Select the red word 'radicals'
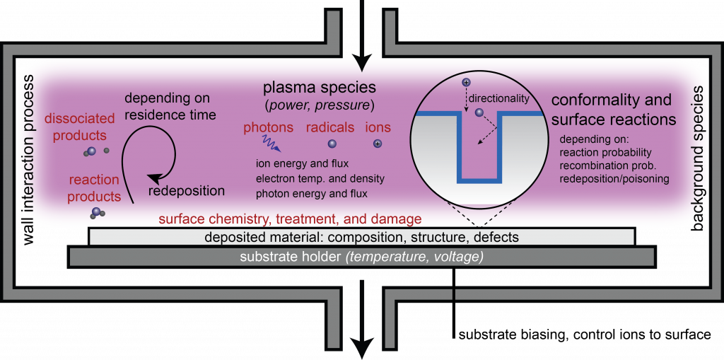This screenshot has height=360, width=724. click(330, 127)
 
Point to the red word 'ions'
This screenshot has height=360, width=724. click(378, 127)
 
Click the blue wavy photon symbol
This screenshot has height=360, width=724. click(272, 144)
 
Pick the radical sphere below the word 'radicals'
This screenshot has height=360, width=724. click(332, 144)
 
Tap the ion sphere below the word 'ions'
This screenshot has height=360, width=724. click(378, 144)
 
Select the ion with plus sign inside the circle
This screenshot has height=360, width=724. click(467, 83)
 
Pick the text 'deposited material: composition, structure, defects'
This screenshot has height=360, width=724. click(362, 237)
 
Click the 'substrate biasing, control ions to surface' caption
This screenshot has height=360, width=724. click(584, 335)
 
